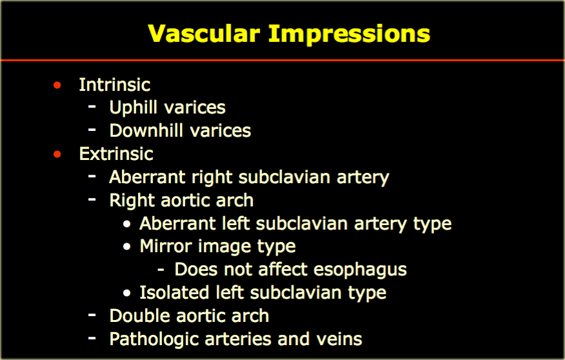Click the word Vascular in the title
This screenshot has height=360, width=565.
click(204, 34)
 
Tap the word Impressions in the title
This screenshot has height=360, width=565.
click(349, 35)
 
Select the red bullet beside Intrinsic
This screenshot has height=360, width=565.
click(57, 85)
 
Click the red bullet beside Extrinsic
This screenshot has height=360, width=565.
click(57, 154)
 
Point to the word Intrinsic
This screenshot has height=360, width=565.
click(115, 85)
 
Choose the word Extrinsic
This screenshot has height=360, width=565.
click(116, 154)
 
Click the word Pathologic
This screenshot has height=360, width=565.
click(154, 339)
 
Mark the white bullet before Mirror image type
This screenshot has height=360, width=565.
click(126, 247)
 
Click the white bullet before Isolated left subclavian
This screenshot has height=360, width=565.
click(126, 293)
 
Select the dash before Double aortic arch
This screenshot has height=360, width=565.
click(92, 315)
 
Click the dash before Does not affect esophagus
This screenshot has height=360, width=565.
click(161, 269)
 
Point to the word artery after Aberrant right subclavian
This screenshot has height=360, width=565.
click(363, 177)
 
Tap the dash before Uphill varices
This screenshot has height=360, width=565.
click(92, 106)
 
